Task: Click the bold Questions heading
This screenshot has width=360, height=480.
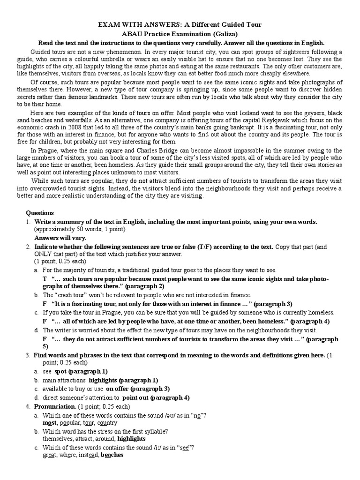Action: coord(40,213)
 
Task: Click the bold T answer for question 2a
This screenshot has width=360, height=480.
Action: coord(45,278)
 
